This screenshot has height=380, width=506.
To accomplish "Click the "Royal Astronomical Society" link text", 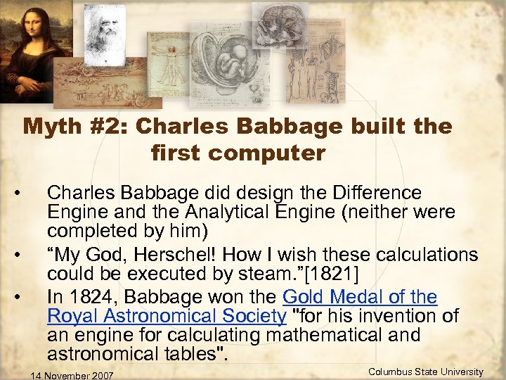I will (167, 315).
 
